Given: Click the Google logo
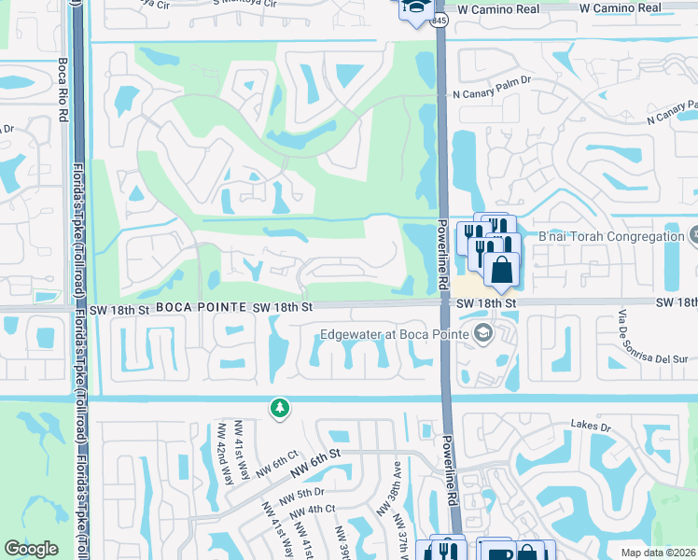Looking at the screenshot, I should [32, 549].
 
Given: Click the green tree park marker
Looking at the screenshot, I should [278, 408].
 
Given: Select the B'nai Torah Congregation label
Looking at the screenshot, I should [611, 236].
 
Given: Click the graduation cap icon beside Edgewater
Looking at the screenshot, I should [483, 333].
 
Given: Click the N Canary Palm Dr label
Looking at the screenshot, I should [491, 93].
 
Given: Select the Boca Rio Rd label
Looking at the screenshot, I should [63, 89].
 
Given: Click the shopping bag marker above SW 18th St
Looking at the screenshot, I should [501, 270].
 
